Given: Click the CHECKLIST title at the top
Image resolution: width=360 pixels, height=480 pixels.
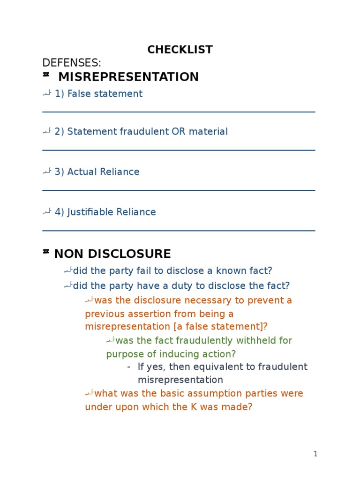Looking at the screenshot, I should (x=180, y=50).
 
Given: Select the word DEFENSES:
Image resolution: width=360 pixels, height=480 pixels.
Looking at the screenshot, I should (x=72, y=63).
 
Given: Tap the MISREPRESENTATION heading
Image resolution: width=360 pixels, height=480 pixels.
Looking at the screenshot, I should (x=128, y=77).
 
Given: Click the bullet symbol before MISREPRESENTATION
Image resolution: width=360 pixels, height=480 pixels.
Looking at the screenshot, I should (x=46, y=75).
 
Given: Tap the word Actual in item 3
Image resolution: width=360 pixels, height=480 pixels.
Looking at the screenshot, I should (x=81, y=172).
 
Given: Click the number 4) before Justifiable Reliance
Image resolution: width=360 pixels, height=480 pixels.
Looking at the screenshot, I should (x=60, y=212).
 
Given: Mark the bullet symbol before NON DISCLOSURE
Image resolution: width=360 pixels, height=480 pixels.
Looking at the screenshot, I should (x=46, y=252).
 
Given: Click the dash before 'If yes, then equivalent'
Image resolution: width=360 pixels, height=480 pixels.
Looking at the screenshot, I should (x=129, y=367).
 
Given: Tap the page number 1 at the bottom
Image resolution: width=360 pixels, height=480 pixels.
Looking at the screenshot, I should (x=315, y=454).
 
